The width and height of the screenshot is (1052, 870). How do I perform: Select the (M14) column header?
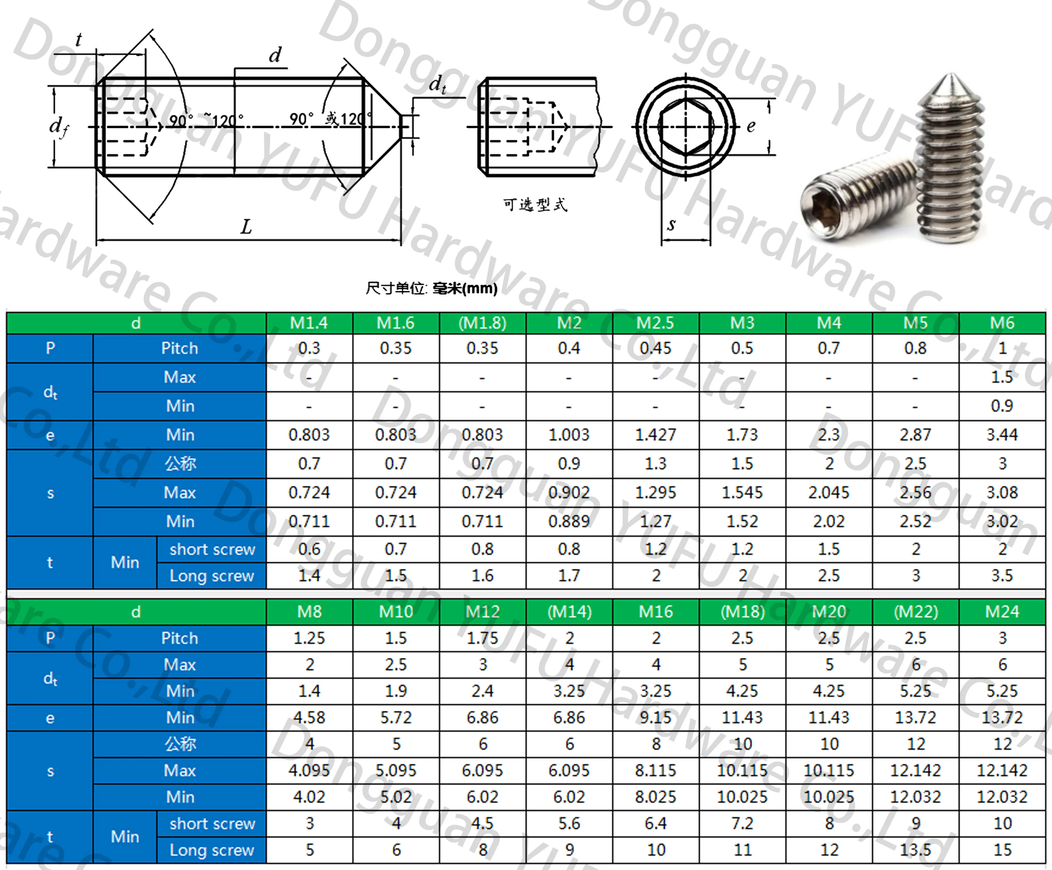(x=569, y=612)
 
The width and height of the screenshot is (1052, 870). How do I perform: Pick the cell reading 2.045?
(x=829, y=493)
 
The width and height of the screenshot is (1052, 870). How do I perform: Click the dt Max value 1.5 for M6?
(x=1002, y=377)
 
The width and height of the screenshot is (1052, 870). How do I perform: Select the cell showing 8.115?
(x=655, y=770)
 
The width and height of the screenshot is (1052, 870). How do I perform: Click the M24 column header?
(x=1002, y=612)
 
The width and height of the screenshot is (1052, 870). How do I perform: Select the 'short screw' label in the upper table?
(x=212, y=549)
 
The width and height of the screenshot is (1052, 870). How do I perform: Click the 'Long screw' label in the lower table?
(x=212, y=850)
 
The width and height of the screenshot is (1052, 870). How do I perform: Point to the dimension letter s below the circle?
(x=671, y=224)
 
